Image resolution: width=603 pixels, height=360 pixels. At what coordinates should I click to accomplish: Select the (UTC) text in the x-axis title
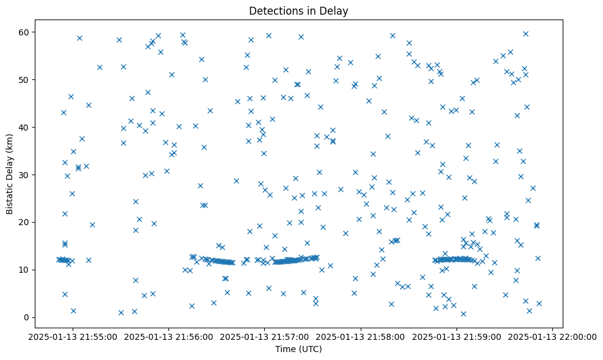310,350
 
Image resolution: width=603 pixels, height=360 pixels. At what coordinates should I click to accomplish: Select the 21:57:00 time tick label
265,336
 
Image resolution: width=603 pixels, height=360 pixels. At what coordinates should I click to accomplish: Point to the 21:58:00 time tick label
361,336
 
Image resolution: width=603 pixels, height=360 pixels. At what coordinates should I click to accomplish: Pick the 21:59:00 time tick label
457,336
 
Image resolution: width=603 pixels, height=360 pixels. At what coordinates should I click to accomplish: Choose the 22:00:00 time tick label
553,336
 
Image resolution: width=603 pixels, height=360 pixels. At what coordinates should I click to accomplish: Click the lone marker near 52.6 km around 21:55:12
99,67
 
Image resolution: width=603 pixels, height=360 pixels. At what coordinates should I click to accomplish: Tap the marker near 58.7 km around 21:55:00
79,38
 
